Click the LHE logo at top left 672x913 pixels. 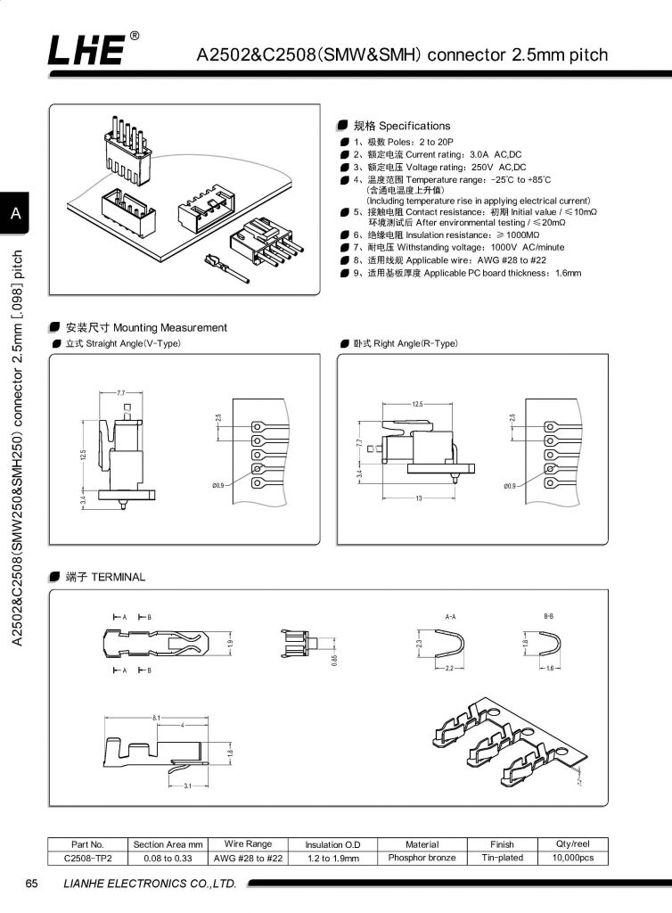click(87, 51)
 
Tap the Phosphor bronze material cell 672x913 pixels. click(422, 858)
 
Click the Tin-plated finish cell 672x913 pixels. click(502, 858)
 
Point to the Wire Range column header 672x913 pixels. click(249, 844)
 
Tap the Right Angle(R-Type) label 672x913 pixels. click(398, 343)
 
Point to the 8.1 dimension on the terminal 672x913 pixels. click(157, 718)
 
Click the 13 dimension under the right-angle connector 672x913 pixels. click(418, 498)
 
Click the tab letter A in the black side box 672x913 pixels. click(16, 213)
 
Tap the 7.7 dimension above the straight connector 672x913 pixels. click(122, 392)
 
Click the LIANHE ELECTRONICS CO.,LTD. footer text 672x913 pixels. click(150, 884)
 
